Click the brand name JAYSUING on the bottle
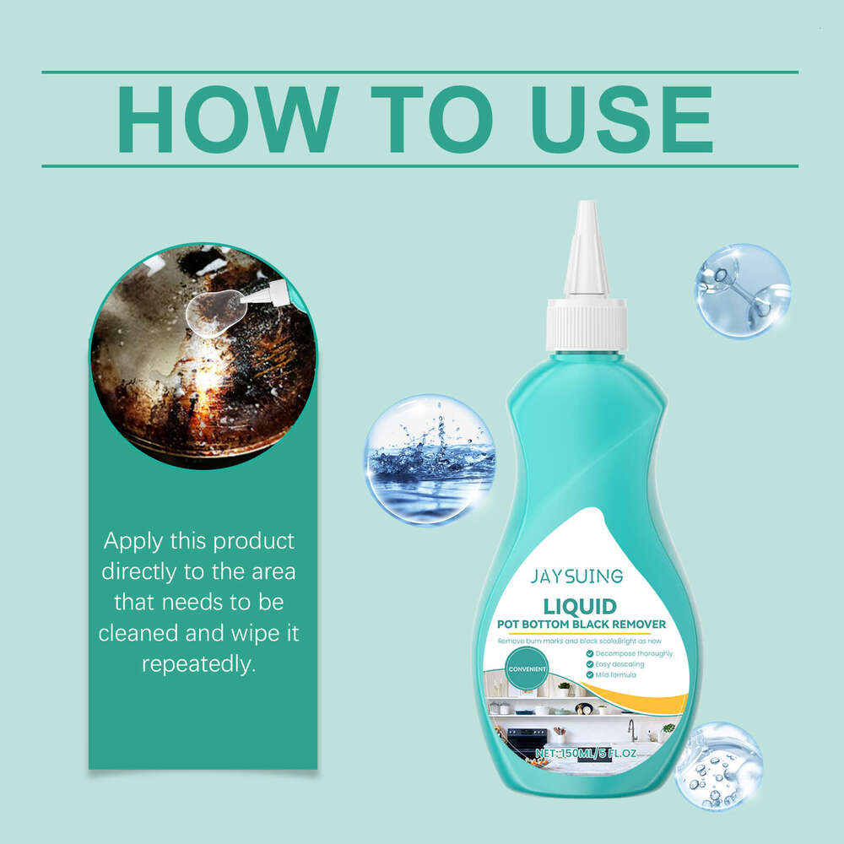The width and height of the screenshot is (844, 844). (x=576, y=576)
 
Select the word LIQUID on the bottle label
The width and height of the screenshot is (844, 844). (x=580, y=606)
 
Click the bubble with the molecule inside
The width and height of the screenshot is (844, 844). (x=742, y=290)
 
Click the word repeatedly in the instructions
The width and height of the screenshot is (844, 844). (x=198, y=663)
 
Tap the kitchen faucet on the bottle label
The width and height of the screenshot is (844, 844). (x=630, y=728)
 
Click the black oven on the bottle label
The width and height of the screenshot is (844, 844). (x=528, y=739)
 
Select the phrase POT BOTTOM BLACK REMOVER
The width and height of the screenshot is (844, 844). (x=582, y=625)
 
